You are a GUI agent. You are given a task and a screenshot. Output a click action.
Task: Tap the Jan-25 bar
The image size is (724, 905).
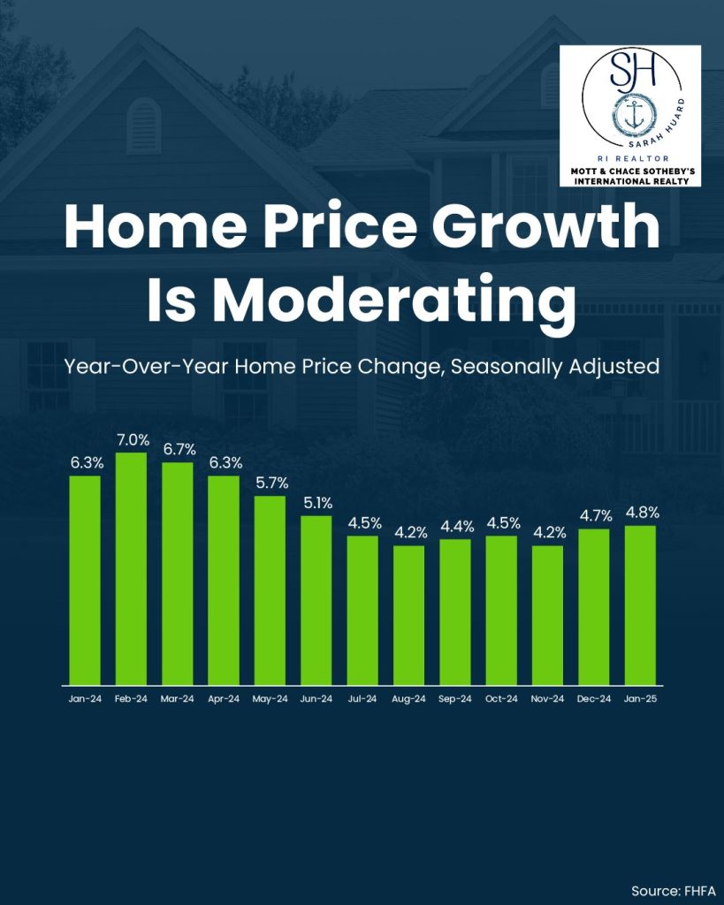[640, 605]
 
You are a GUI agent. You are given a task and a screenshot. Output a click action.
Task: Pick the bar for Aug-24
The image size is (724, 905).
[408, 614]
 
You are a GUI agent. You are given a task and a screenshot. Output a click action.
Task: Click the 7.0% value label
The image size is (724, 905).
[131, 439]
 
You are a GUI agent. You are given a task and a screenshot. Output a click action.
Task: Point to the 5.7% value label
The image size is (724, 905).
[270, 483]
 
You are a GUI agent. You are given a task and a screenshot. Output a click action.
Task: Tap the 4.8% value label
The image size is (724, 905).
[640, 512]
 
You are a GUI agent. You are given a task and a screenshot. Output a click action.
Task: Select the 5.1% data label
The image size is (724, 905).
[316, 502]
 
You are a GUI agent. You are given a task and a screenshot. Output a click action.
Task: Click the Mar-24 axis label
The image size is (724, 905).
[178, 699]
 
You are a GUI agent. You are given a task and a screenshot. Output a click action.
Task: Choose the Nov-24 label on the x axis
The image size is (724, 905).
[547, 699]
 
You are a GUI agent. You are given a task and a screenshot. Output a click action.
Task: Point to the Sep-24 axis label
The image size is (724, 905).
[454, 699]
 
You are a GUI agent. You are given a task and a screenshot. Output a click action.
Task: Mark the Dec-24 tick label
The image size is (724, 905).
[594, 699]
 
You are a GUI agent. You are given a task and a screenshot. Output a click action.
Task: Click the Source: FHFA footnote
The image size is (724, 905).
[673, 890]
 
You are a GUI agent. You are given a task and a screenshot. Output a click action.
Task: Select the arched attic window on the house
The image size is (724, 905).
[144, 125]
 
